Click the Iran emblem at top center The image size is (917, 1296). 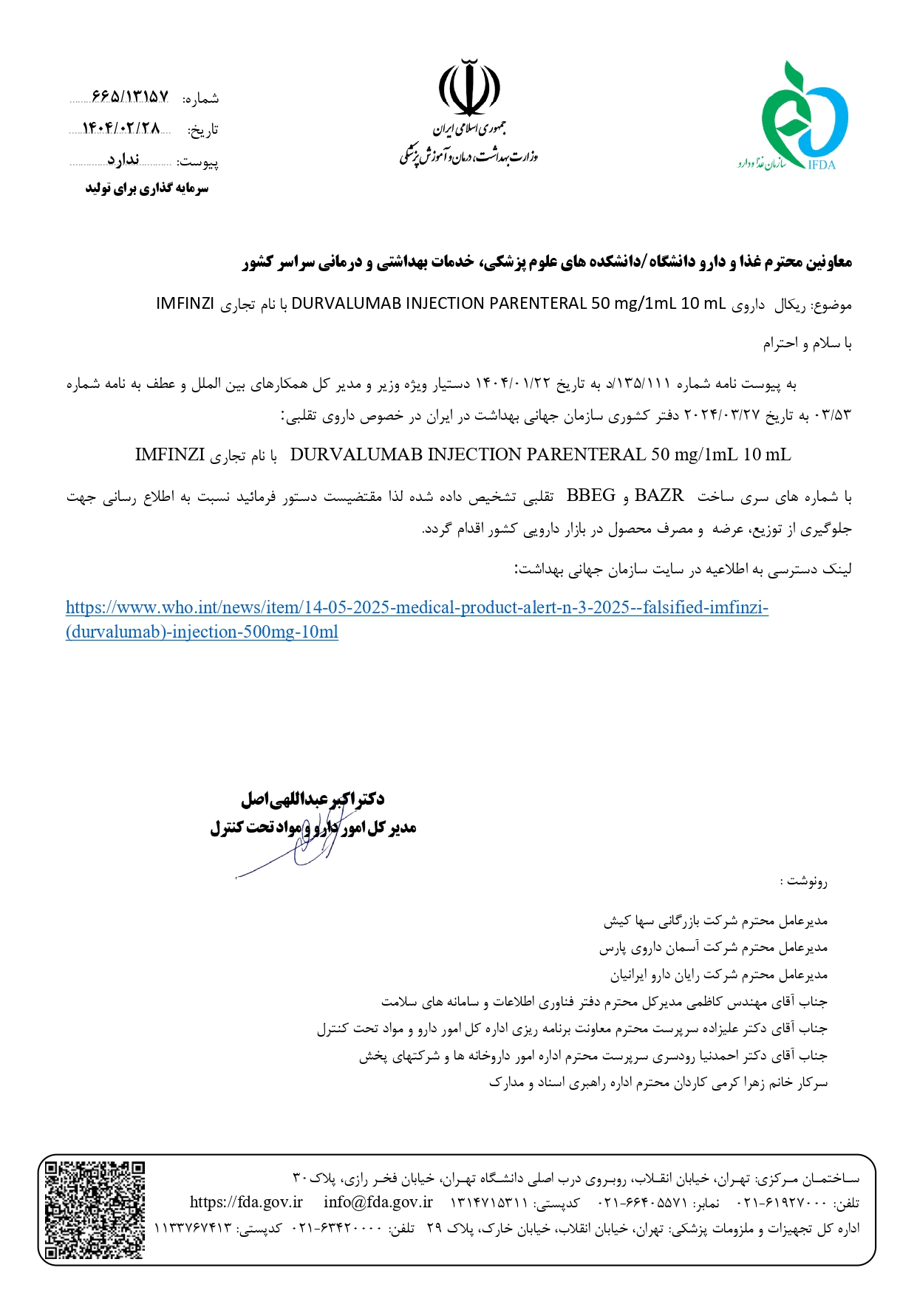[468, 89]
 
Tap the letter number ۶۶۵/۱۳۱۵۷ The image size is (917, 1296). [130, 98]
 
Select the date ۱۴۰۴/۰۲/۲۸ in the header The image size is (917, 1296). [121, 129]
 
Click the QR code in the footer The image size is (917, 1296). [95, 1210]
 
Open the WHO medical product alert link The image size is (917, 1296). [417, 608]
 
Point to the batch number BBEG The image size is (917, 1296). [590, 496]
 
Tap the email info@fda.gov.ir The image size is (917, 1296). [378, 1202]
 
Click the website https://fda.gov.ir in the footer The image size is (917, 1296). [246, 1202]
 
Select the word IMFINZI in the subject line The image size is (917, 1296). [185, 304]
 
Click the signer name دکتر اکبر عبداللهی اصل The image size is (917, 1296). [312, 799]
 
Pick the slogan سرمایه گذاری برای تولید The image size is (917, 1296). [146, 188]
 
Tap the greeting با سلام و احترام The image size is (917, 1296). [807, 344]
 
